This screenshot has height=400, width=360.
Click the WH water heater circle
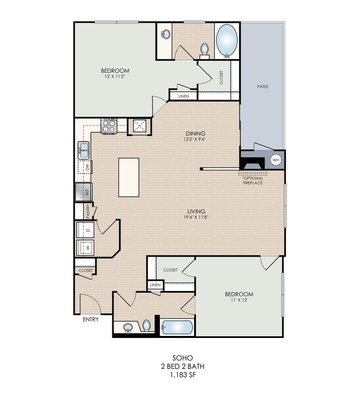click(276, 160)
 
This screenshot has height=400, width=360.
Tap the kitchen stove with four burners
click(109, 126)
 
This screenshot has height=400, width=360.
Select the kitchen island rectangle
click(128, 177)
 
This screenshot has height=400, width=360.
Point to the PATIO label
click(263, 86)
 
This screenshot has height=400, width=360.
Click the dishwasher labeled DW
click(85, 167)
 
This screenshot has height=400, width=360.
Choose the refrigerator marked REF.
click(84, 191)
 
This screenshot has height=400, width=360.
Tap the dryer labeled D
click(85, 230)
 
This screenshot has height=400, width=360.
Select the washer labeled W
click(85, 247)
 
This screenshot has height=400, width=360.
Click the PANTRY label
click(88, 211)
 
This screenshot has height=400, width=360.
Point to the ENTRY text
click(91, 319)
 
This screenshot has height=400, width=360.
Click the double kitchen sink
click(84, 150)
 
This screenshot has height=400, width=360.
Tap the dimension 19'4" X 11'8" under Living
click(196, 217)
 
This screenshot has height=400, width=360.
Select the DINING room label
click(196, 133)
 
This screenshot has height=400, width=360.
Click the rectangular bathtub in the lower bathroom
click(177, 327)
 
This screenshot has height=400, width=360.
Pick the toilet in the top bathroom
click(204, 49)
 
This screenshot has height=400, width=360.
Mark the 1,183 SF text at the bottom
click(183, 375)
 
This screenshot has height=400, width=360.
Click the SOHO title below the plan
click(183, 358)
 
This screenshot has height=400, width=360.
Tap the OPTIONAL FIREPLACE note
click(253, 180)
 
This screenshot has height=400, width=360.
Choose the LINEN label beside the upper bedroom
click(183, 96)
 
